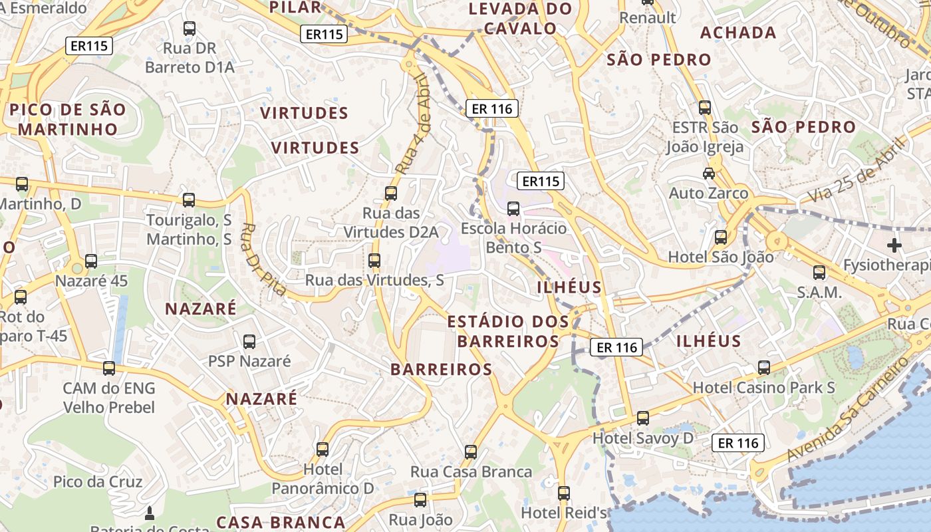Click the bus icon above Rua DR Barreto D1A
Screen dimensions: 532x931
click(190, 29)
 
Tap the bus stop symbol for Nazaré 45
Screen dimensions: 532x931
click(91, 261)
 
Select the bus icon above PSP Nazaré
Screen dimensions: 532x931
click(249, 342)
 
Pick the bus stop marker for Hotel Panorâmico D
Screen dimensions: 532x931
click(323, 450)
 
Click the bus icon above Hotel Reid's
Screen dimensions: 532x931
click(564, 493)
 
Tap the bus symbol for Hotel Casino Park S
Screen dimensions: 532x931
click(764, 368)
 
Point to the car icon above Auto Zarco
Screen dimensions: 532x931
click(709, 174)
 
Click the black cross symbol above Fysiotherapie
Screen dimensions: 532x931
click(894, 245)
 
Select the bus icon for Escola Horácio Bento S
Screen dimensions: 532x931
click(513, 209)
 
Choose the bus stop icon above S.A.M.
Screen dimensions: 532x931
click(819, 272)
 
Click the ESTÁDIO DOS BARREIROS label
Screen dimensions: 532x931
click(508, 331)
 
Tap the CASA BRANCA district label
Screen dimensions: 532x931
click(281, 522)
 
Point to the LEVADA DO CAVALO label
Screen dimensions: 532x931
click(521, 19)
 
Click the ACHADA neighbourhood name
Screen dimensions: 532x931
click(738, 33)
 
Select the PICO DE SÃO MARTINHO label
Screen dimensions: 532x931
click(68, 119)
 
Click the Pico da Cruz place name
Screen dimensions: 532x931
click(98, 481)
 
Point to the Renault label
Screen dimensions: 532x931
click(648, 17)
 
